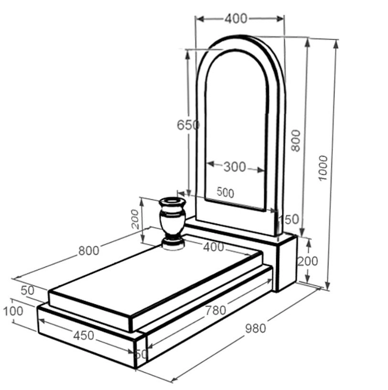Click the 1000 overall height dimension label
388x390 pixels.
[323, 168]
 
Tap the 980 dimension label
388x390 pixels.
[256, 328]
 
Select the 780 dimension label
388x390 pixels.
[216, 310]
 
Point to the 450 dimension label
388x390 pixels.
[84, 336]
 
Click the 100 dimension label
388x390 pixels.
[13, 311]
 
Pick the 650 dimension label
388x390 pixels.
[188, 125]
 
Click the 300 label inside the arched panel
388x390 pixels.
[235, 167]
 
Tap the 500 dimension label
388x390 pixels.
[226, 193]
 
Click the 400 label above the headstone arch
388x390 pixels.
[236, 19]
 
